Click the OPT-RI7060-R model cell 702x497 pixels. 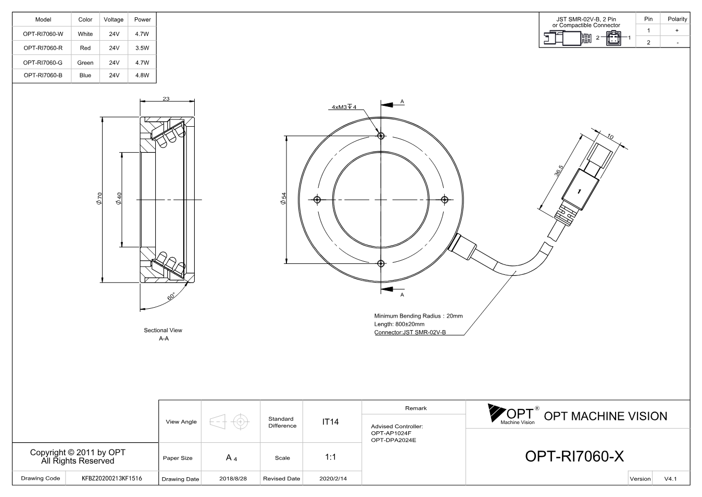coord(43,48)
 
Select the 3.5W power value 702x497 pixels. coord(142,48)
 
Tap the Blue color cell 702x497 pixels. coord(85,75)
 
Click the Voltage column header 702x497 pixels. coord(114,19)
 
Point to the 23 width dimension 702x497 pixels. coord(166,99)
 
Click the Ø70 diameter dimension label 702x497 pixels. coord(99,199)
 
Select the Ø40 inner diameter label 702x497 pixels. coord(118,199)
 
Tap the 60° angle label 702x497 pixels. coord(171,296)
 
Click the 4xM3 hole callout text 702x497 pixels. coord(344,107)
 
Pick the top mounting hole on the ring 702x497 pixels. coord(381,136)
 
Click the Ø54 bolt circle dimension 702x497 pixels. coord(283,199)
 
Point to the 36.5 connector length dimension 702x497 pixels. coord(558,171)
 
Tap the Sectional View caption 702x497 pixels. coord(163,330)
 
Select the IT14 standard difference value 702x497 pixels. coord(330,422)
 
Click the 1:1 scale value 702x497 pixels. coord(330,457)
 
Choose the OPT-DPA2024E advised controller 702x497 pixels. coord(394,440)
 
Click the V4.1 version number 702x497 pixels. coord(670,479)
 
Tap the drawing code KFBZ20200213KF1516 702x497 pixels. coord(112,478)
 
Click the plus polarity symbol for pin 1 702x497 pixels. coord(677,30)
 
